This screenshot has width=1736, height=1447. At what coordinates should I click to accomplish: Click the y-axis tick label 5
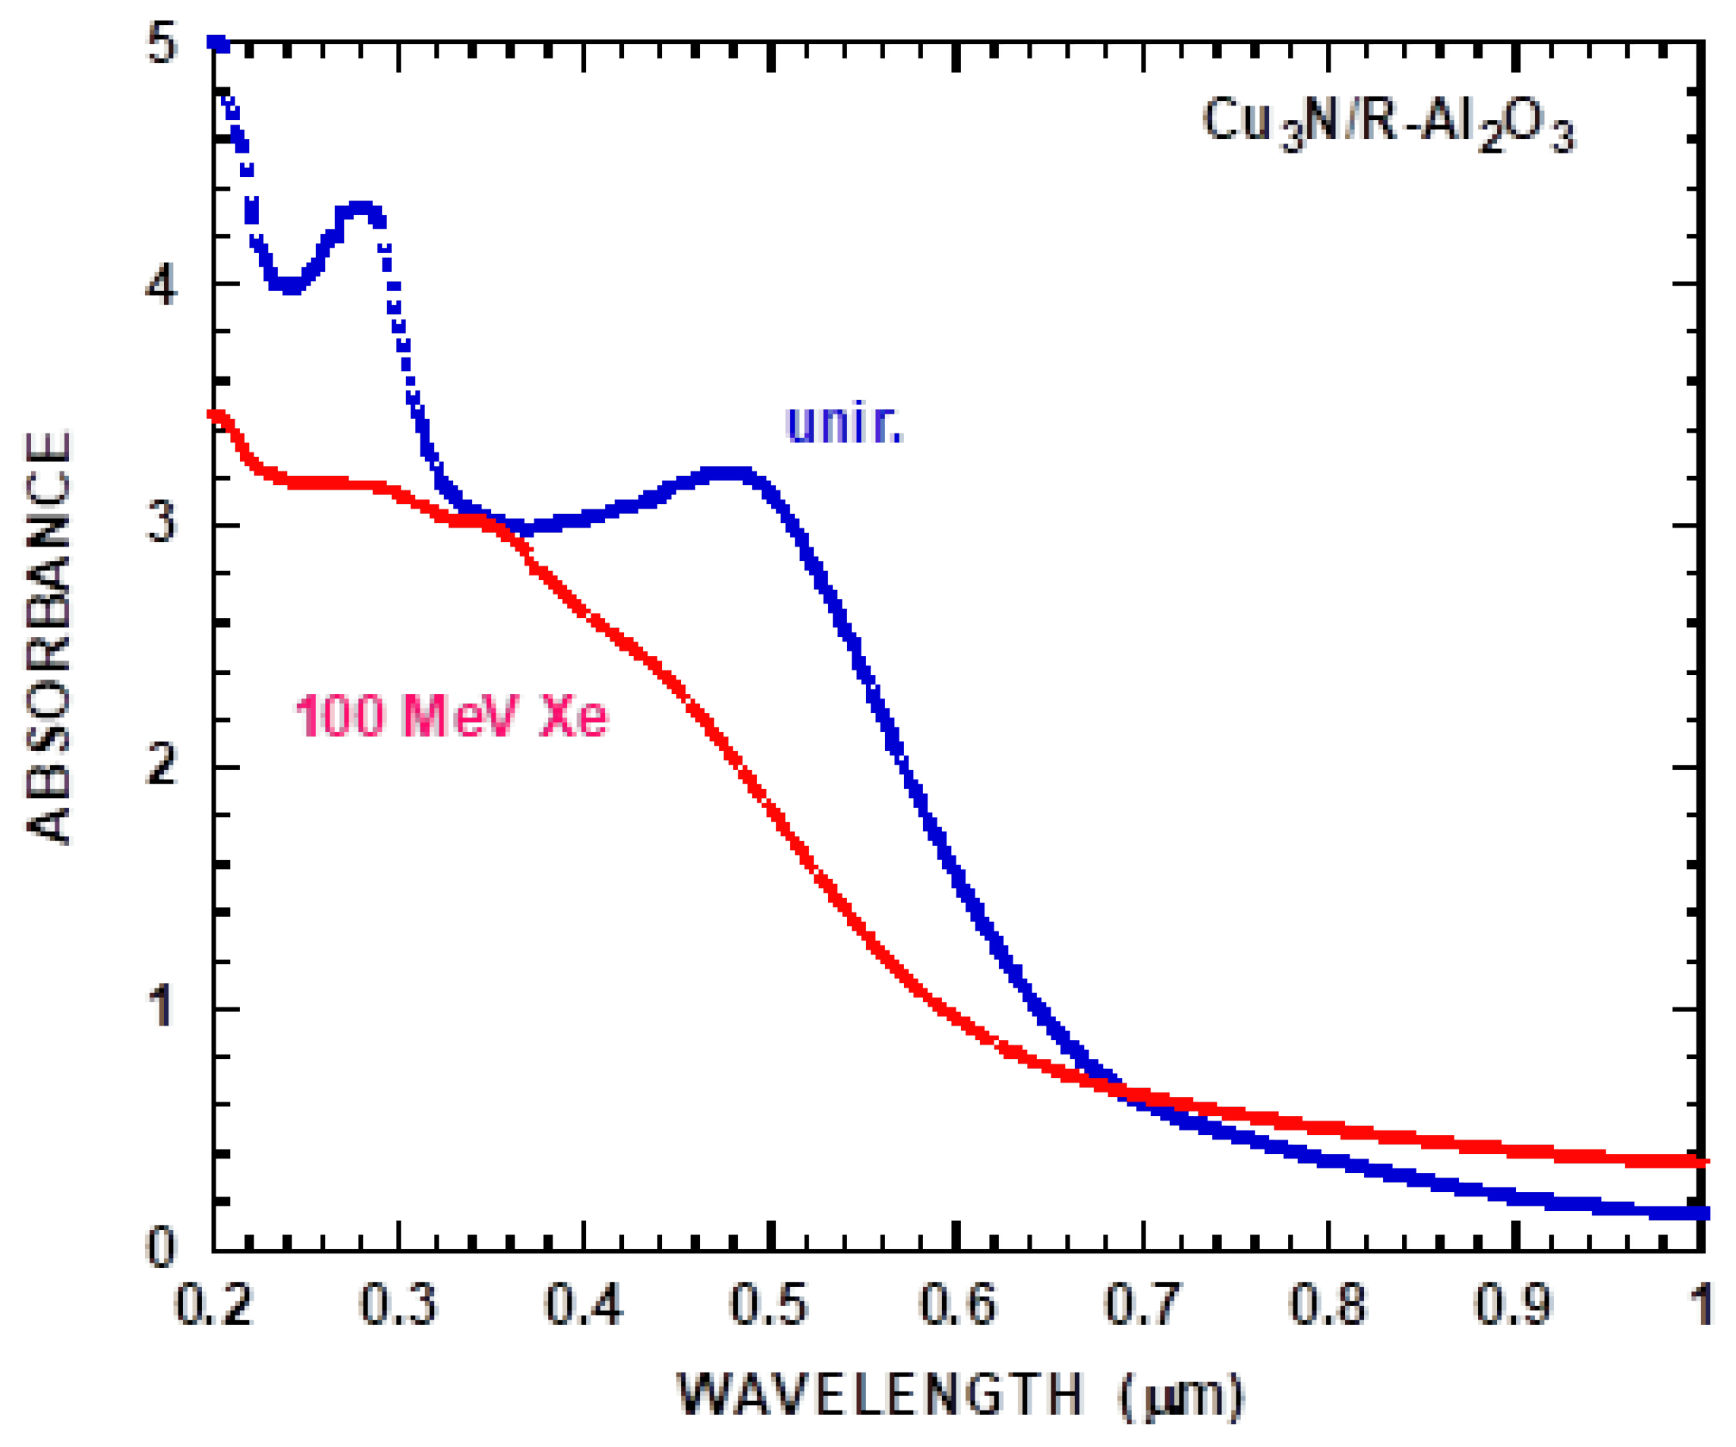tap(162, 44)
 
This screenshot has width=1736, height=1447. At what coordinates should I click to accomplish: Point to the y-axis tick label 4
tap(160, 286)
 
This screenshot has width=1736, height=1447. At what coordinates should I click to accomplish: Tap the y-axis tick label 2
tap(161, 764)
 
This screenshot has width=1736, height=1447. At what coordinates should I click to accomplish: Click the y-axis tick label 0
tap(161, 1246)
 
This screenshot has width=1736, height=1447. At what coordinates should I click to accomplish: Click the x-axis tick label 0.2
tap(213, 1306)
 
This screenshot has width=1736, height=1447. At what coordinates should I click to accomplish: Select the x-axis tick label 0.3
tap(399, 1306)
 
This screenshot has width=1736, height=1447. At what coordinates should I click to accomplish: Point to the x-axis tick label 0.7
tap(1142, 1306)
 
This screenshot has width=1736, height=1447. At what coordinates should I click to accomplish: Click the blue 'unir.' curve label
tap(844, 424)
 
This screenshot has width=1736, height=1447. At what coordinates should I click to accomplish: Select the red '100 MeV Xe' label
tap(452, 715)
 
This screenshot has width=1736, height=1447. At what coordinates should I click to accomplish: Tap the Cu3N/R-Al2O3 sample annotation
tap(1388, 124)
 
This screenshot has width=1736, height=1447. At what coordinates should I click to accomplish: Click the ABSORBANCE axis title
tap(49, 637)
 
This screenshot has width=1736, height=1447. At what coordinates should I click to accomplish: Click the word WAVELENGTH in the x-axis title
tap(880, 1395)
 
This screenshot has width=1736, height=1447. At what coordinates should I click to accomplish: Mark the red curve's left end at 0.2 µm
tap(216, 415)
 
